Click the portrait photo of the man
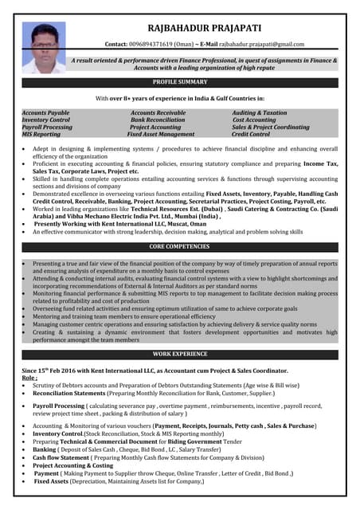pos(44,48)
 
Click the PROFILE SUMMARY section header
pos(180,82)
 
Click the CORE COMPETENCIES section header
pos(180,248)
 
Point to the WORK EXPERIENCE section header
pos(180,353)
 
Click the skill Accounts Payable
pos(45,113)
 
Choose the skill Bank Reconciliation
pos(158,120)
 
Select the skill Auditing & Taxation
pos(260,113)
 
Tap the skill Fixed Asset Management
pos(161,135)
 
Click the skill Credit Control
pos(251,135)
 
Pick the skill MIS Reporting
pos(41,135)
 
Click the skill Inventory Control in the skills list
pos(46,120)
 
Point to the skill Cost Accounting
pos(254,120)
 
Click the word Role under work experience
pos(29,379)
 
